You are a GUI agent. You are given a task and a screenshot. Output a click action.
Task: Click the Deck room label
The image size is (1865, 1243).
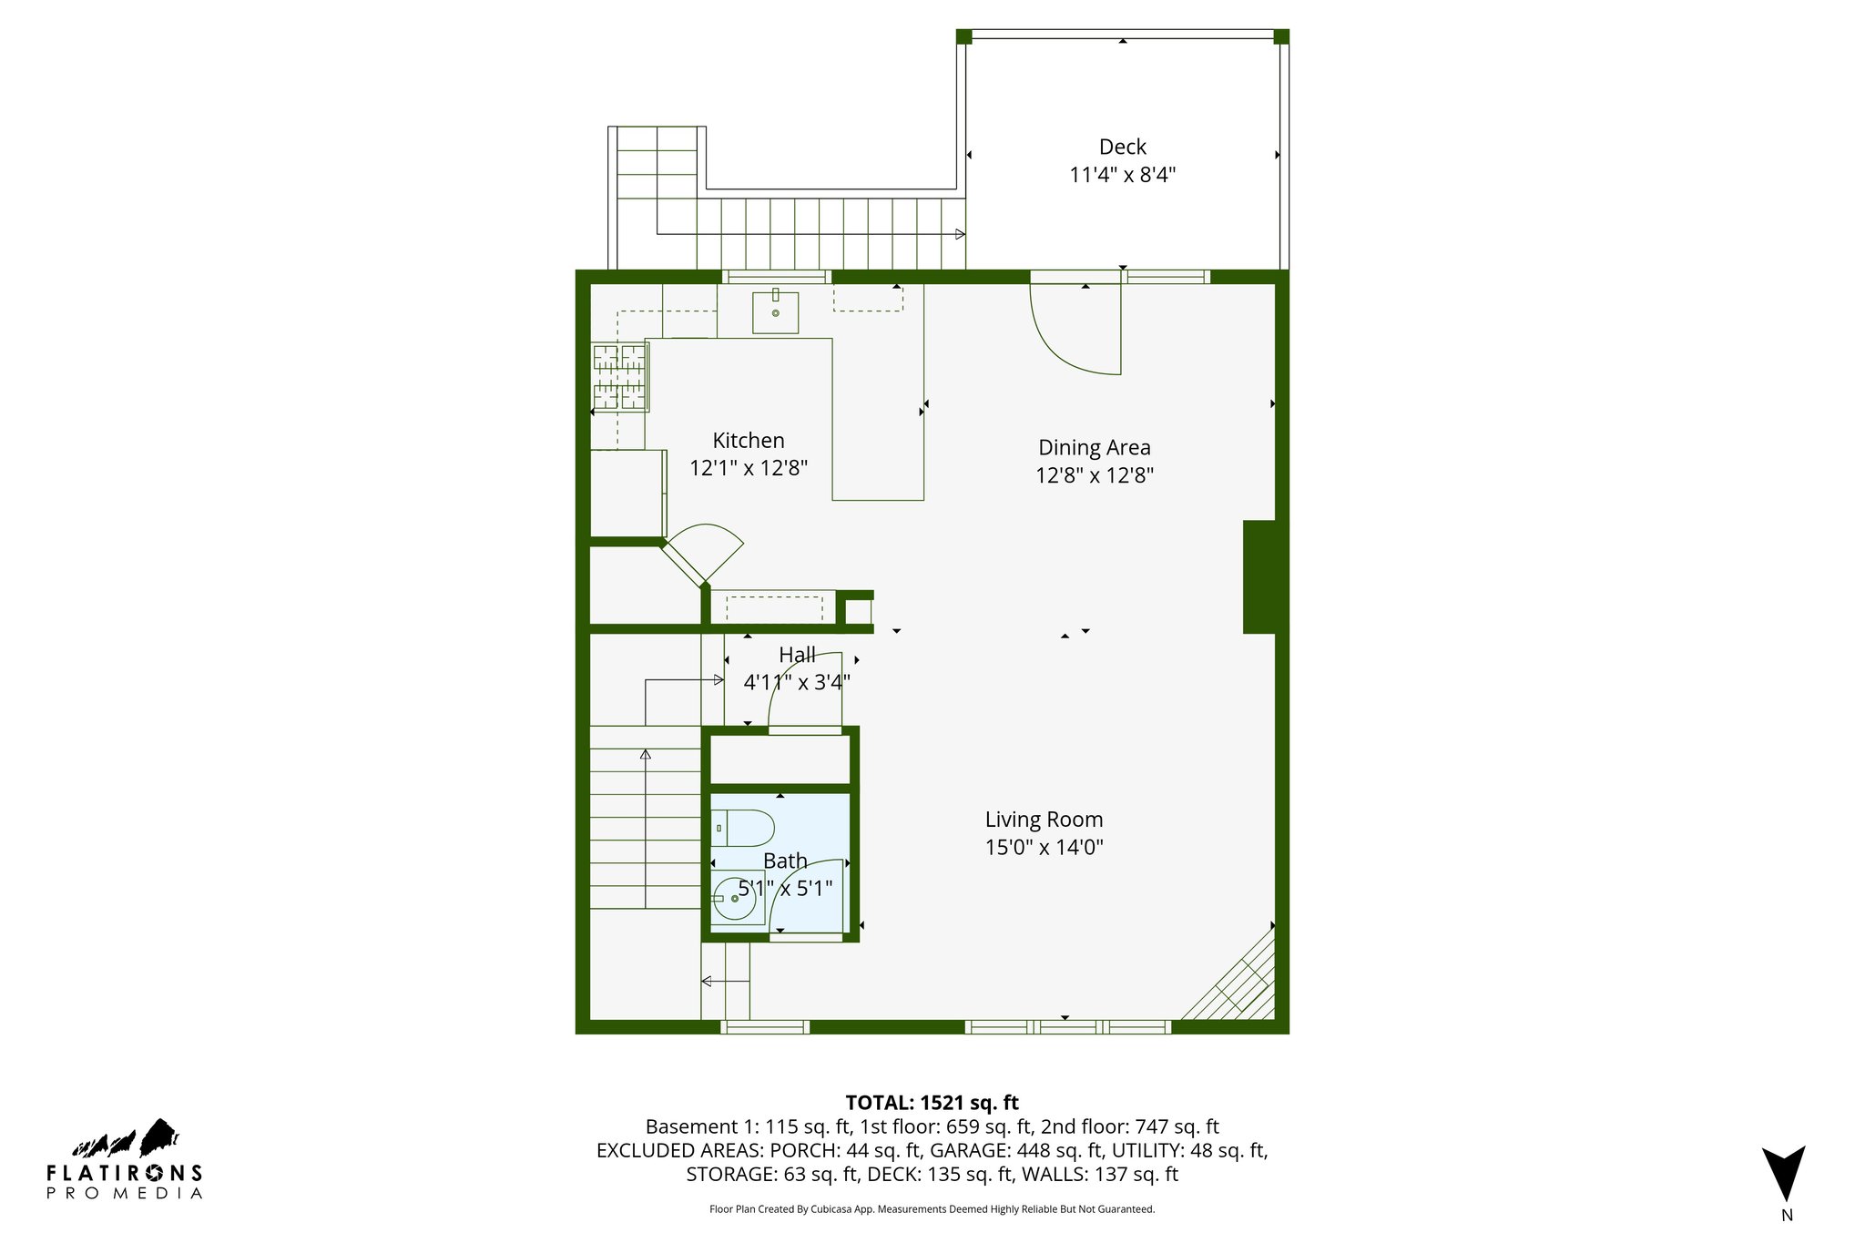(1122, 147)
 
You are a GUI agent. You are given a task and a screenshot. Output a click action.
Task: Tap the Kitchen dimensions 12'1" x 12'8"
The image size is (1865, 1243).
(749, 468)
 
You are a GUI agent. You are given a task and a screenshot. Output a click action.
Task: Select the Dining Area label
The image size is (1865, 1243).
(1094, 447)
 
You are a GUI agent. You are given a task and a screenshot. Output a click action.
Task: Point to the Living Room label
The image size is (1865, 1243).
(1044, 820)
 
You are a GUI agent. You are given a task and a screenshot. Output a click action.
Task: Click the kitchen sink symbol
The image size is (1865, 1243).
(775, 312)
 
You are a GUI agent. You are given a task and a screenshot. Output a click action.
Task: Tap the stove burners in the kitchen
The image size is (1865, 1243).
(619, 377)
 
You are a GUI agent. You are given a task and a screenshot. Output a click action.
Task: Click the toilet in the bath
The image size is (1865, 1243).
(742, 828)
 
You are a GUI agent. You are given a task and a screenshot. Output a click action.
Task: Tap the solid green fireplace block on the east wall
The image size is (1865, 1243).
(1259, 576)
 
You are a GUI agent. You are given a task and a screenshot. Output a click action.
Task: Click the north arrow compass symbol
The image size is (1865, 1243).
(1783, 1174)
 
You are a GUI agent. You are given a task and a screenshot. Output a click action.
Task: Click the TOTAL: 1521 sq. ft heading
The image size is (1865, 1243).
(932, 1103)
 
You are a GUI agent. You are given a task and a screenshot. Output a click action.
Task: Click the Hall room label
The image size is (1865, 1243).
(797, 655)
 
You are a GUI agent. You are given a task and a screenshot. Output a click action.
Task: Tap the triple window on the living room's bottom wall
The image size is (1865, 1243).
(1067, 1027)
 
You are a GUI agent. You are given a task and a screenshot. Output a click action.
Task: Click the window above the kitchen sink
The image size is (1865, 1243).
(777, 277)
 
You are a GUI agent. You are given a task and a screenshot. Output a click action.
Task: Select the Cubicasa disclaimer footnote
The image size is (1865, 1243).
(932, 1209)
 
